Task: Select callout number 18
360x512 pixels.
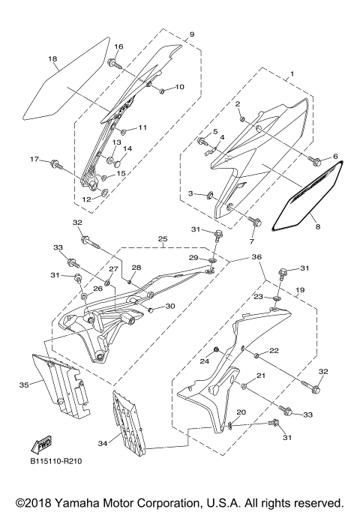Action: click(x=52, y=59)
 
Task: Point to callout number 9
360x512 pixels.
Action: click(x=191, y=34)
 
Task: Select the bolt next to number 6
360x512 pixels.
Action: click(x=315, y=160)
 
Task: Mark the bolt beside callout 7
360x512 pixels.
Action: click(x=255, y=220)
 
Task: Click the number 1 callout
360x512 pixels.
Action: click(x=291, y=75)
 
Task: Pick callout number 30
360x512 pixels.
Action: click(x=170, y=306)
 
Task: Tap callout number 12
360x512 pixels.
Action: click(x=87, y=199)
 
